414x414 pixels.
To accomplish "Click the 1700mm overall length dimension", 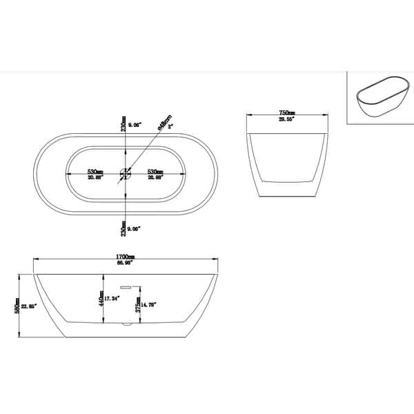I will click(x=125, y=257).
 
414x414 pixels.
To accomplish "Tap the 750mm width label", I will click(x=287, y=112).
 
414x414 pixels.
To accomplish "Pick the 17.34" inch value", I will click(x=112, y=298).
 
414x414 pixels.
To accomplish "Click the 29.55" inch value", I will click(x=287, y=119).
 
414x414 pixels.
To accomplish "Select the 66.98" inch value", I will click(x=125, y=263).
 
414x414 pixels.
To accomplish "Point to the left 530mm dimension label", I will click(x=95, y=172).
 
